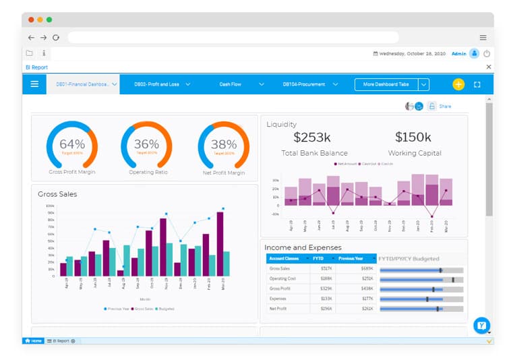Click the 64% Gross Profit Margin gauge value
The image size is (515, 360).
point(72,144)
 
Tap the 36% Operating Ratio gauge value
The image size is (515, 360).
point(146,144)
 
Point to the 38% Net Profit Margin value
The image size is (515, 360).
point(223,144)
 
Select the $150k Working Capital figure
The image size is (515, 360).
point(413,138)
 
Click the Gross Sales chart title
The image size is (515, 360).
point(57,194)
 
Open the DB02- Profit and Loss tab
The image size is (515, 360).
point(156,84)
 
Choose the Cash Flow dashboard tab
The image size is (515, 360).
point(231,84)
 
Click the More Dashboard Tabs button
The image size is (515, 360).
point(386,84)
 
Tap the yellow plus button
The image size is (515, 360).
point(458,84)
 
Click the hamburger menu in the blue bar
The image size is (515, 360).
point(34,84)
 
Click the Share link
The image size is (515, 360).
point(445,107)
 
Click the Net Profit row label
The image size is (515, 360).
point(278,308)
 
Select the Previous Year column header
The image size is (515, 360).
point(352,258)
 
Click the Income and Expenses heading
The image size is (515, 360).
point(303,247)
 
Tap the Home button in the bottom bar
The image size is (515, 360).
point(33,341)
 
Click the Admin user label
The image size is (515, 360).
point(458,53)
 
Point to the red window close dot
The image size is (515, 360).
point(30,20)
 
